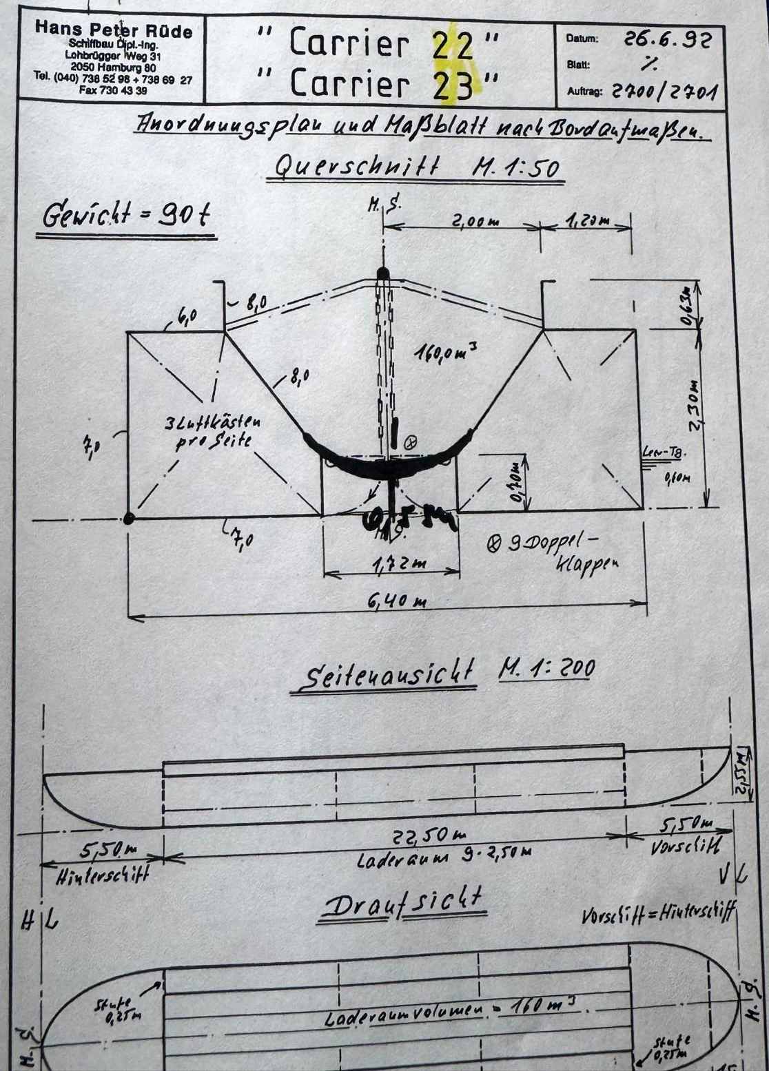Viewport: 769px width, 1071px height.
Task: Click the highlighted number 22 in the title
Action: (453, 45)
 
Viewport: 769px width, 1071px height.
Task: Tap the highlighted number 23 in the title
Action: (454, 85)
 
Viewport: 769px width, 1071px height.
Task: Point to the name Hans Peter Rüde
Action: (114, 30)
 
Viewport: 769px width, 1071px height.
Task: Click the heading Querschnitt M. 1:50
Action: (417, 167)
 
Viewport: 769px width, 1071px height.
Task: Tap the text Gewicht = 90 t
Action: (125, 216)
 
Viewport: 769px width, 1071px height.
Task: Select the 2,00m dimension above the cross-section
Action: (475, 221)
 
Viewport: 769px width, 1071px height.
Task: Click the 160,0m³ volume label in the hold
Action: (445, 354)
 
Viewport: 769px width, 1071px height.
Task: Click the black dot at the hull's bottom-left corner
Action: (128, 519)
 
